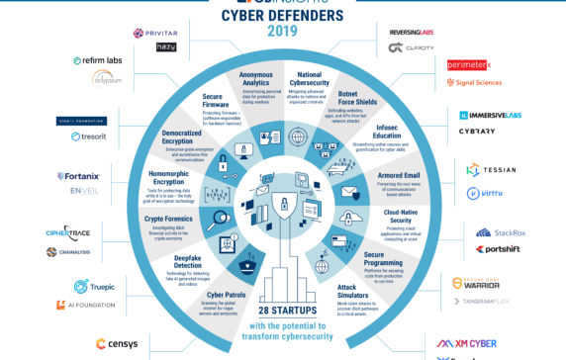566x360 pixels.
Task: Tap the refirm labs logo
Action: click(96, 60)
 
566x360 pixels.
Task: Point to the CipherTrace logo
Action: click(67, 233)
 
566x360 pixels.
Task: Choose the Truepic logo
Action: click(94, 287)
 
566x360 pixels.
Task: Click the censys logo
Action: click(116, 343)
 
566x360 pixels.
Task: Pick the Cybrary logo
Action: click(477, 131)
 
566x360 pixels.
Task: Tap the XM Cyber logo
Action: click(466, 343)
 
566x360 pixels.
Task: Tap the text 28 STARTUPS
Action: click(283, 309)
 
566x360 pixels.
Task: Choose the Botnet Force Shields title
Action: click(361, 97)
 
